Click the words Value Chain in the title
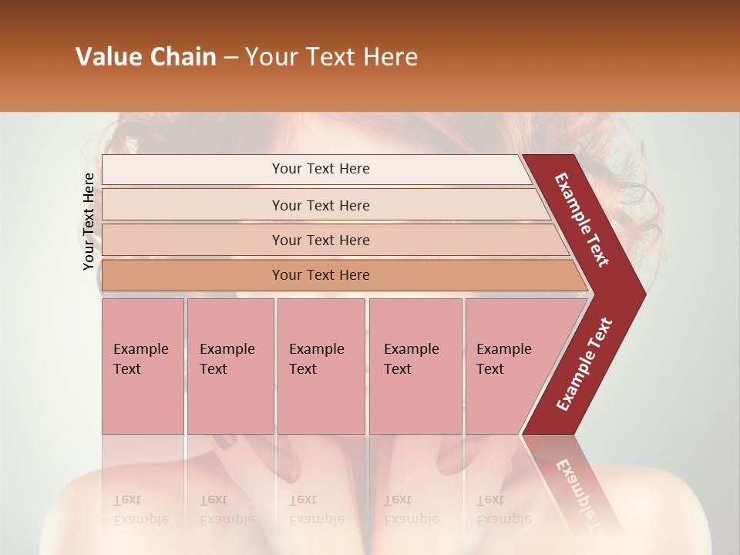[x=146, y=57]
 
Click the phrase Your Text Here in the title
[x=331, y=57]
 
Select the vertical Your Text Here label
[x=89, y=221]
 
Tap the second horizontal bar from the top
[x=320, y=205]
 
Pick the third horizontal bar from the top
[x=320, y=240]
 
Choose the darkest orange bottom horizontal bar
[x=320, y=275]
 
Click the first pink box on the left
[x=143, y=366]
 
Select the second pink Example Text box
[x=230, y=366]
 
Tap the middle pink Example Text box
[x=321, y=366]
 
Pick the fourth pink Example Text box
[x=415, y=366]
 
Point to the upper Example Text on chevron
[x=582, y=220]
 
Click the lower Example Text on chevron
[x=584, y=365]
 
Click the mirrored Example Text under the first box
[x=140, y=510]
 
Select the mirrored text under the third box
[x=316, y=510]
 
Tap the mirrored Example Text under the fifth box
[x=503, y=510]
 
